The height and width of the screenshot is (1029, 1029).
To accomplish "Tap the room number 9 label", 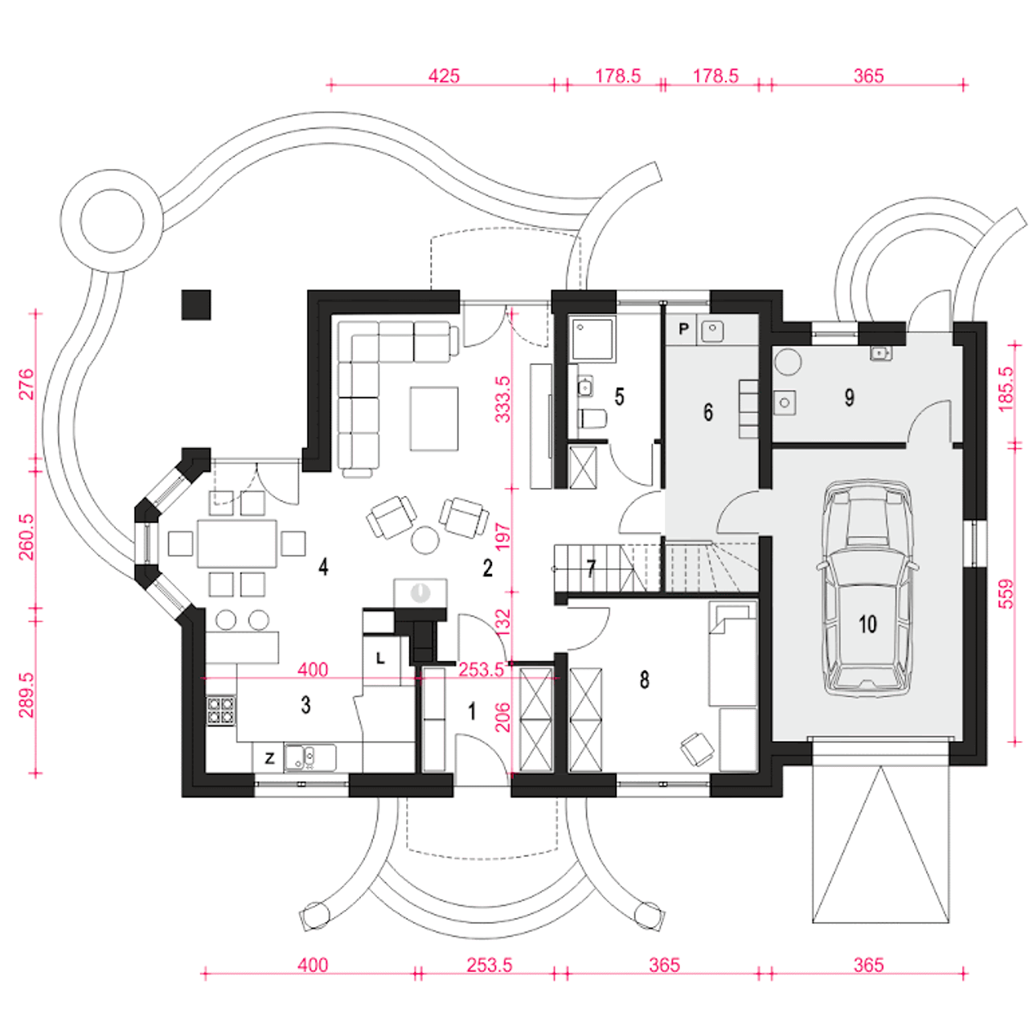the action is [x=849, y=397].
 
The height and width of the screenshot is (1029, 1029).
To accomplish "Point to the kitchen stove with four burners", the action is [x=221, y=711].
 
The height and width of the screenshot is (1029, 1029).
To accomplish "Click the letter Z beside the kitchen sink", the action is [x=269, y=758].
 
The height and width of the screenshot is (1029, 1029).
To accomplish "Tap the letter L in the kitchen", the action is [x=380, y=658].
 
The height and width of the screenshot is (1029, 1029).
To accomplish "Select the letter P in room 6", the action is [x=683, y=329].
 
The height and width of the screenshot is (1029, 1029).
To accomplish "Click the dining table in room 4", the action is [x=237, y=543].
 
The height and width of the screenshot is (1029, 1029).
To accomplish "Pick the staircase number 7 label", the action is [x=591, y=568].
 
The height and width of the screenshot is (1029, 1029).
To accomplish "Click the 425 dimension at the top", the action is [x=444, y=76].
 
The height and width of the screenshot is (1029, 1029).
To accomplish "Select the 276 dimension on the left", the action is [x=26, y=383].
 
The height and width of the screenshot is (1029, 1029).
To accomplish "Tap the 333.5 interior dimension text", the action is [x=502, y=400].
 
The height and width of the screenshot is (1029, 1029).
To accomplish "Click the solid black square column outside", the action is [x=196, y=305].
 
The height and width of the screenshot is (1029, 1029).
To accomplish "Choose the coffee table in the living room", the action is [x=434, y=419].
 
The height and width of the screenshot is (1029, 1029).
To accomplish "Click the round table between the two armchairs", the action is [x=425, y=539].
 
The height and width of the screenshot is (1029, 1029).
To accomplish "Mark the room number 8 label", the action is [x=645, y=680].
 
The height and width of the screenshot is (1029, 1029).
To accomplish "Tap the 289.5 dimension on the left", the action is [x=26, y=695].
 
